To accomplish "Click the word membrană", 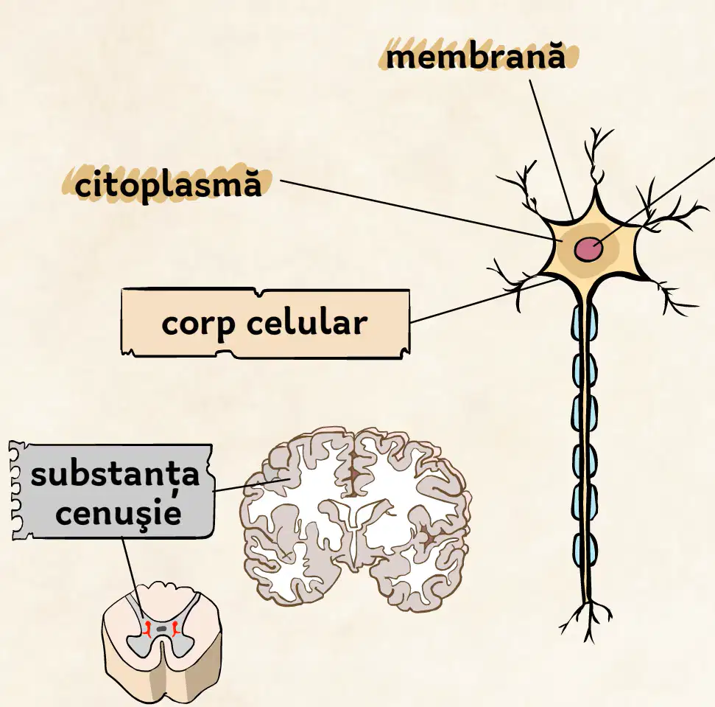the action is pyautogui.click(x=476, y=57).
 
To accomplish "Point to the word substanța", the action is pyautogui.click(x=115, y=474).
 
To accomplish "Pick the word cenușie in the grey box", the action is pyautogui.click(x=119, y=512).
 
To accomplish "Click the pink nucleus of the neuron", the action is pyautogui.click(x=588, y=249).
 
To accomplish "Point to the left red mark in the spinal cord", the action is pyautogui.click(x=147, y=629).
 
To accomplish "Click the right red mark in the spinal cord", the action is pyautogui.click(x=175, y=629).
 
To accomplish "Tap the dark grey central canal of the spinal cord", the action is pyautogui.click(x=161, y=629).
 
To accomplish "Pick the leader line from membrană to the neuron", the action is pyautogui.click(x=552, y=150).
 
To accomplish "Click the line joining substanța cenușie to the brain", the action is pyautogui.click(x=252, y=485).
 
